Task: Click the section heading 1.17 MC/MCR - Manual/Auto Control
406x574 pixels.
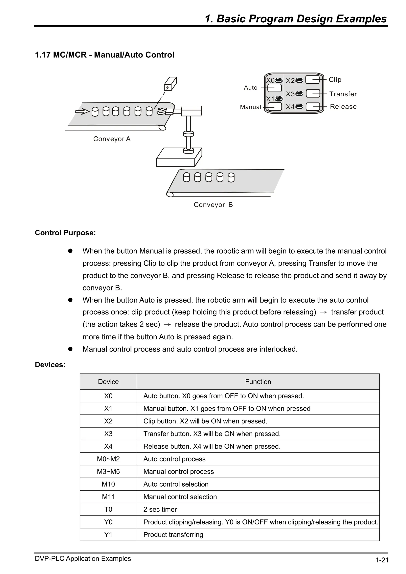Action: coord(104,55)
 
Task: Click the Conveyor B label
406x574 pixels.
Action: coord(213,204)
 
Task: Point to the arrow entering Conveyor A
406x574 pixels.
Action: coord(82,112)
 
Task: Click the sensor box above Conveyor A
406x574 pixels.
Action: coord(170,84)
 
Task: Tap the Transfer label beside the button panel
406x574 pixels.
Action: coord(343,94)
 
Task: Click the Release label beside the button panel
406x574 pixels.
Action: coord(343,107)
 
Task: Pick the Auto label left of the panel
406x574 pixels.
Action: coord(250,88)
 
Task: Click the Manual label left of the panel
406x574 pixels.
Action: coord(250,107)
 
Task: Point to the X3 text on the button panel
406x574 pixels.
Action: coord(290,94)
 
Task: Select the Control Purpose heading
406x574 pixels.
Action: coord(65,233)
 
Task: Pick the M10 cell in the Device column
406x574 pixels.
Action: coord(108,484)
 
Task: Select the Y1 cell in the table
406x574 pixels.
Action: coord(108,535)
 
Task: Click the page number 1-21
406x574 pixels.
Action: coord(382,560)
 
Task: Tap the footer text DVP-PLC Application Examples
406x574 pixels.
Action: coord(83,559)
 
